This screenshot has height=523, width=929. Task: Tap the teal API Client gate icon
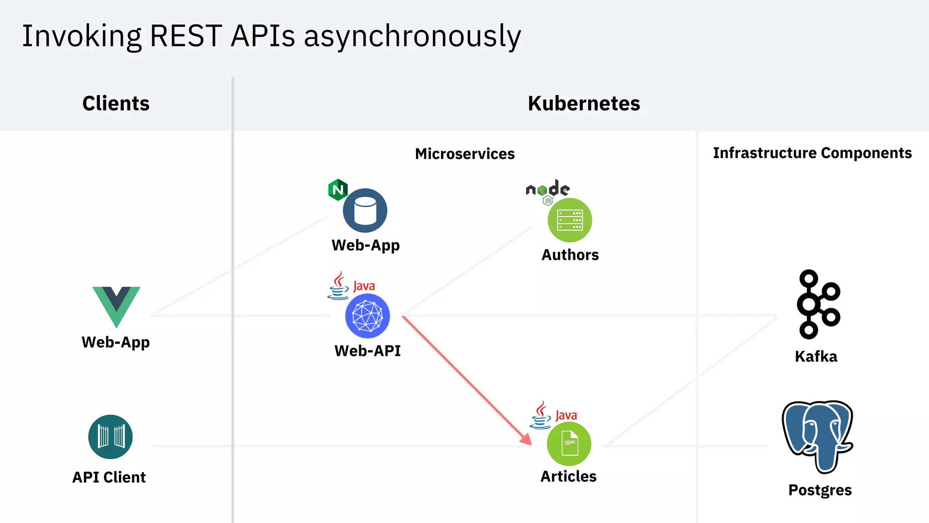[110, 437]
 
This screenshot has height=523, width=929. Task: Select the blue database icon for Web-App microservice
[365, 211]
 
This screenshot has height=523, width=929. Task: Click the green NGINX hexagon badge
[338, 190]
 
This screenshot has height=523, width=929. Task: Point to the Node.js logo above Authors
[548, 190]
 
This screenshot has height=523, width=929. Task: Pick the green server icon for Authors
[570, 220]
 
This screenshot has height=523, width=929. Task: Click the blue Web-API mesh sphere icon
[367, 316]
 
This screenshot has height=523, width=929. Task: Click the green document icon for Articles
[569, 444]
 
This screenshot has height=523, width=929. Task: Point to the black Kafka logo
[818, 304]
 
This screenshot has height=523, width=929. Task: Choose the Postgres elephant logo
[818, 436]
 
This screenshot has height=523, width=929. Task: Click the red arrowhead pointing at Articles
[526, 439]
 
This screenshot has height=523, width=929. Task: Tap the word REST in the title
[186, 36]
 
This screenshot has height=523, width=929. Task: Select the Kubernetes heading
[584, 104]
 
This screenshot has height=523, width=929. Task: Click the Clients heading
[116, 104]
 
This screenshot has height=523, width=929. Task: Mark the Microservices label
[464, 154]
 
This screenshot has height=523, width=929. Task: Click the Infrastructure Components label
[812, 153]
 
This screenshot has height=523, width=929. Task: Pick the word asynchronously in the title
[412, 36]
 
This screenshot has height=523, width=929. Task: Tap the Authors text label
[570, 255]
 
